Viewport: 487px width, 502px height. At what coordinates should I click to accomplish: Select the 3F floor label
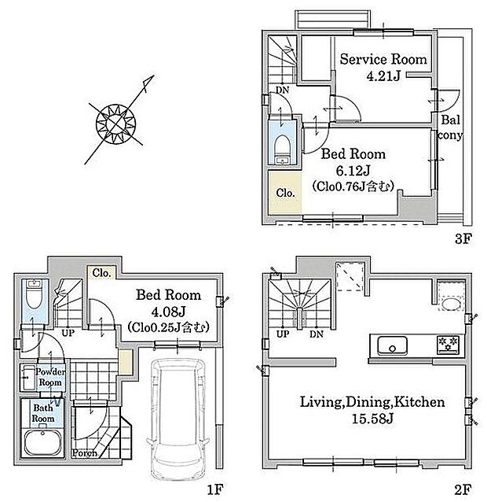(463, 238)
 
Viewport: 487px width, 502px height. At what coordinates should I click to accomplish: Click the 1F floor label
(214, 489)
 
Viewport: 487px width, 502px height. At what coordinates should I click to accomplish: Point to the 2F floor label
(463, 489)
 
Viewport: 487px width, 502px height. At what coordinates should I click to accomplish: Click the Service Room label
(383, 59)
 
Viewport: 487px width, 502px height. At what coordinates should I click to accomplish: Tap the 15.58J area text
(372, 419)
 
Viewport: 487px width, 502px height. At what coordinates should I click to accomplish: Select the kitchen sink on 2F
(392, 345)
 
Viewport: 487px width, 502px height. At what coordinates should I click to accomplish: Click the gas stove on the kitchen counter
(448, 345)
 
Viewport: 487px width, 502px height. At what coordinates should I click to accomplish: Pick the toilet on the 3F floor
(282, 149)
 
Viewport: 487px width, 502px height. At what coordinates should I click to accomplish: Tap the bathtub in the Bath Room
(43, 442)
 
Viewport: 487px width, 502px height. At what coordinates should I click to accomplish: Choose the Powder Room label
(50, 377)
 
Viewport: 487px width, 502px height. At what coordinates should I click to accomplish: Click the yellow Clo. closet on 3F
(285, 193)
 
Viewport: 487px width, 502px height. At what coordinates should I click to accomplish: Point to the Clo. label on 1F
(101, 273)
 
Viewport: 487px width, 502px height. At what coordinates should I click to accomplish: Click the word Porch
(85, 453)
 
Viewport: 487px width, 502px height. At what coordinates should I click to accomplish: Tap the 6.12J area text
(353, 170)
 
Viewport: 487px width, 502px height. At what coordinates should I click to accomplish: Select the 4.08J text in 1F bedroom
(168, 311)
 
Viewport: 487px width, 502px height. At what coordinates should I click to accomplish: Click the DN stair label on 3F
(282, 90)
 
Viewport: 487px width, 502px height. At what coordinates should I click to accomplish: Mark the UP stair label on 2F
(283, 334)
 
